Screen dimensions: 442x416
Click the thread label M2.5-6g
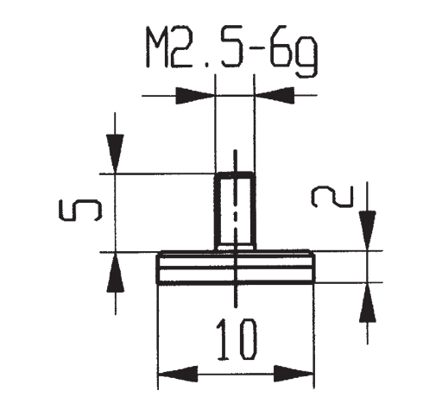(232, 52)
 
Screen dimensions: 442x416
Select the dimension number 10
(236, 340)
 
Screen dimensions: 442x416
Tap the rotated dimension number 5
(80, 211)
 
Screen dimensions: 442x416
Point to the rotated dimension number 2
(332, 197)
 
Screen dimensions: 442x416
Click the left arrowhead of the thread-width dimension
(195, 96)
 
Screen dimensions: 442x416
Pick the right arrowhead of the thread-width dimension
(275, 95)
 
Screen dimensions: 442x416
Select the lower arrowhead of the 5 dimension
(116, 272)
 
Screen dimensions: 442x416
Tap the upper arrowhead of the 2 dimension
(367, 231)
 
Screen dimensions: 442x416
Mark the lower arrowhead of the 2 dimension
(368, 302)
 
